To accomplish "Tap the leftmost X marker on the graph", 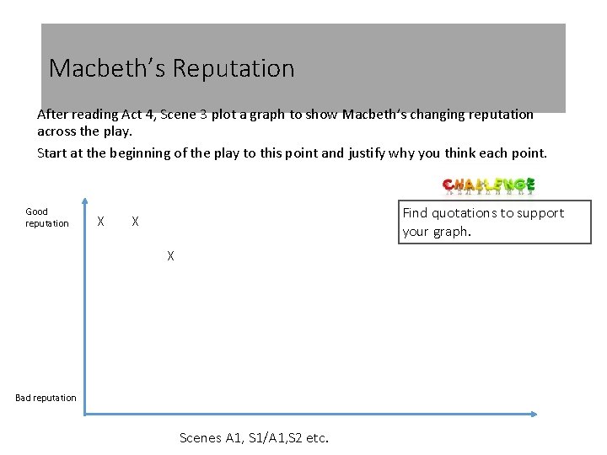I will point(101,222).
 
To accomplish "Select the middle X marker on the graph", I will point(135,222).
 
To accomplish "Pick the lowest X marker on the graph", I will point(170,255).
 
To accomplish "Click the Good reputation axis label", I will point(46,217).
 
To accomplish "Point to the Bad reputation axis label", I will point(46,398).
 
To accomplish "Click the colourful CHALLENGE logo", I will point(489,186).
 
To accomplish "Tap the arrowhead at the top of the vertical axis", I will point(85,201).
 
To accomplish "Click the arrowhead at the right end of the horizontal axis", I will point(534,414).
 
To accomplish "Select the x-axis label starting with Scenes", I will point(255,437).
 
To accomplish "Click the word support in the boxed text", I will point(538,213).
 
